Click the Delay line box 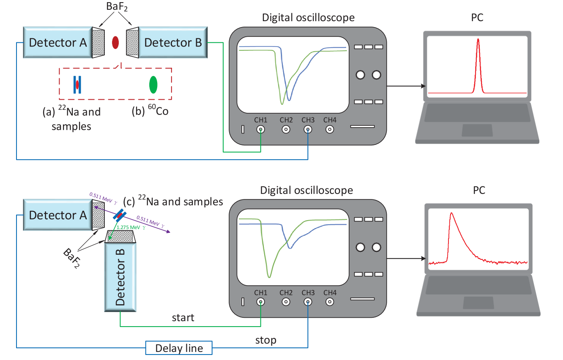tap(179, 348)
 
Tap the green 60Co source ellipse tap(153, 85)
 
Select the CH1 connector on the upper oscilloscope tap(261, 130)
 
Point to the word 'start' tap(183, 317)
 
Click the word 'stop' tap(266, 340)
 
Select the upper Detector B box tap(173, 42)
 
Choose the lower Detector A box tap(58, 215)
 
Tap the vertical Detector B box tap(120, 277)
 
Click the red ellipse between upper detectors tap(115, 42)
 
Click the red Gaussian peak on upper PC tap(478, 63)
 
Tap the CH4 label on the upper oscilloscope tap(330, 120)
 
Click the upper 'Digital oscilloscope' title tap(308, 18)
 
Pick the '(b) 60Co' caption tap(150, 112)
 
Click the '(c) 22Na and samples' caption tap(173, 202)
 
